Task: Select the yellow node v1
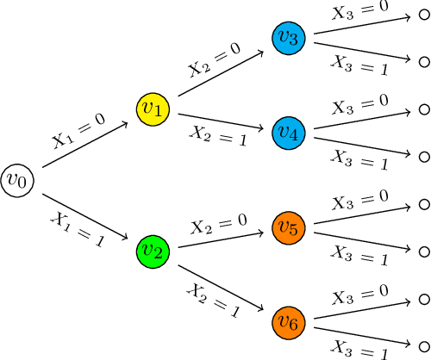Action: tap(153, 109)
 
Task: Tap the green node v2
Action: tap(153, 251)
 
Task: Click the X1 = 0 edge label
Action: tap(78, 130)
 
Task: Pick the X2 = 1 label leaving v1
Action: tap(218, 136)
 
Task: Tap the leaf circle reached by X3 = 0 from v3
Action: tap(423, 15)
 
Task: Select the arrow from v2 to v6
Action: tap(221, 287)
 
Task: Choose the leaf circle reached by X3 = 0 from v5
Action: tap(423, 204)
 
